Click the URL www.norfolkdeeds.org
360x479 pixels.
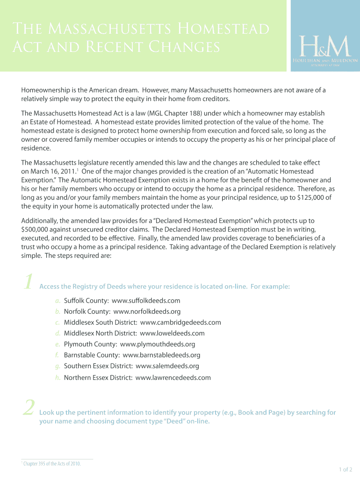click(x=147, y=311)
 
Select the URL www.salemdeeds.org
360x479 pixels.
click(x=167, y=366)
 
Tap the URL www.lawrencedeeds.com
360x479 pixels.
click(x=173, y=377)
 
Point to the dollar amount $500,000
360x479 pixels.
click(x=37, y=229)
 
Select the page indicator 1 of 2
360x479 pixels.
click(x=346, y=469)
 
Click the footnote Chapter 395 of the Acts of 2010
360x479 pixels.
click(x=52, y=464)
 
